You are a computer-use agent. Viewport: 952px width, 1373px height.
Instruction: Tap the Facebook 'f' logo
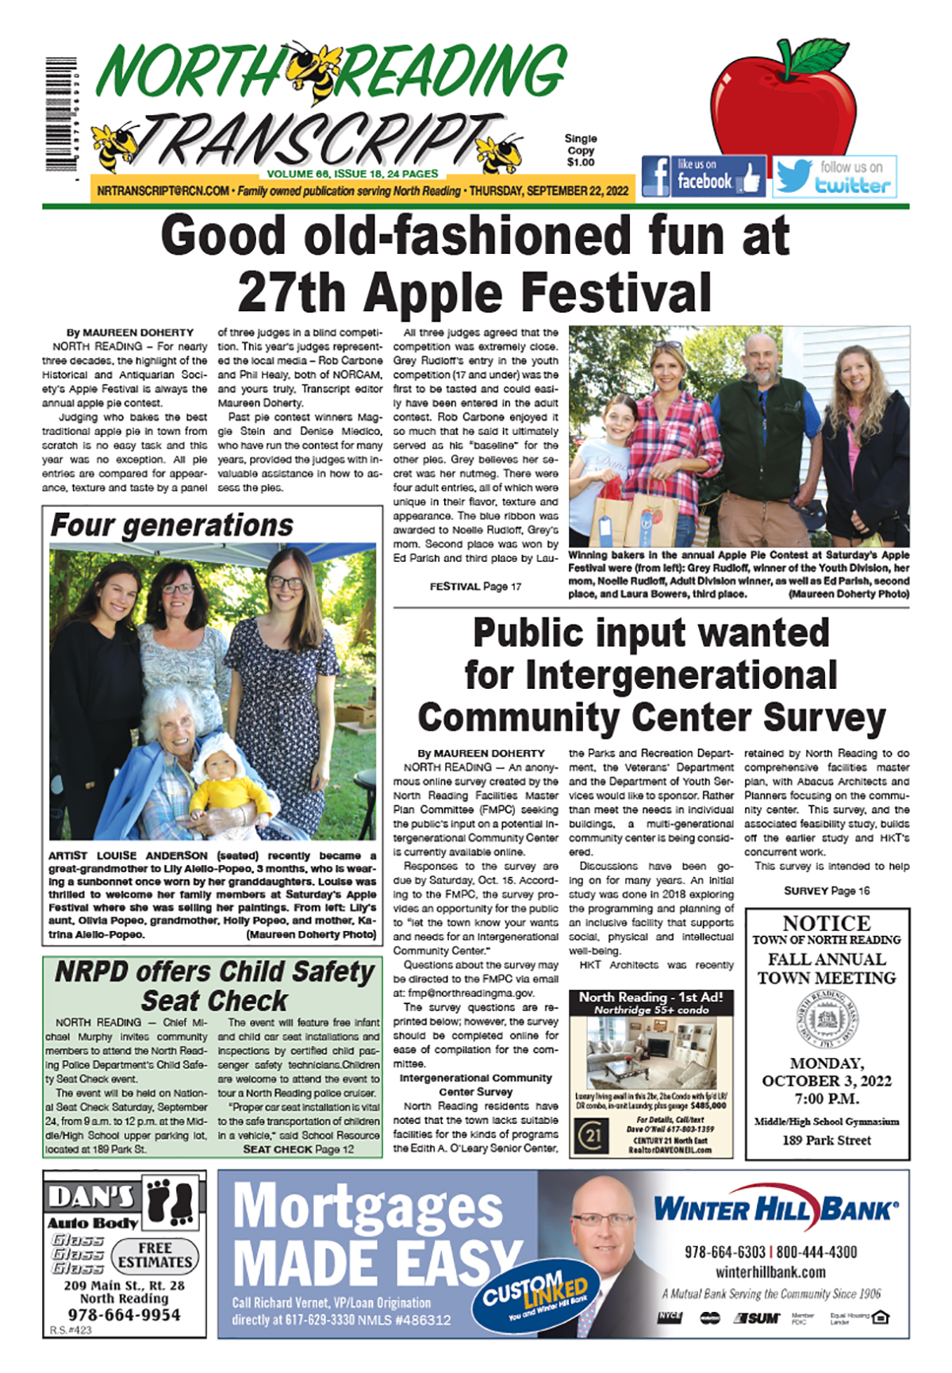[x=656, y=176]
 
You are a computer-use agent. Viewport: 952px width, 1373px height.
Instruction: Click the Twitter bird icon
[x=793, y=176]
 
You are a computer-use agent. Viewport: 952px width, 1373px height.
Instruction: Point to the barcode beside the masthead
[x=61, y=114]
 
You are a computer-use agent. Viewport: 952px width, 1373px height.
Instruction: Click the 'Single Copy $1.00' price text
[x=581, y=150]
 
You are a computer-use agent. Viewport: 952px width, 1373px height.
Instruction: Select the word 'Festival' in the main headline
[x=616, y=293]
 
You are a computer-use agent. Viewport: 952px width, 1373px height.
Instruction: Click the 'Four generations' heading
[x=172, y=525]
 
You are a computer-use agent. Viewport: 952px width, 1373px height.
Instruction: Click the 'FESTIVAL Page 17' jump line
[x=475, y=587]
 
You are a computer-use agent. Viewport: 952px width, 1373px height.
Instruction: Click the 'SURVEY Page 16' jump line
[x=827, y=890]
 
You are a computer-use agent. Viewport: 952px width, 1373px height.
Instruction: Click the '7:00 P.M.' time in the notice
[x=827, y=1099]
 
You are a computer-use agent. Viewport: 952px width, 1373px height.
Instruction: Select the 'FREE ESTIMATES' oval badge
[x=155, y=1255]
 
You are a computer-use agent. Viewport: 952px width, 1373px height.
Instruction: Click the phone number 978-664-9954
[x=124, y=1314]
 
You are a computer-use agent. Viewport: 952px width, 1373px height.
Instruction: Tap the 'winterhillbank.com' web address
[x=770, y=1272]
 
